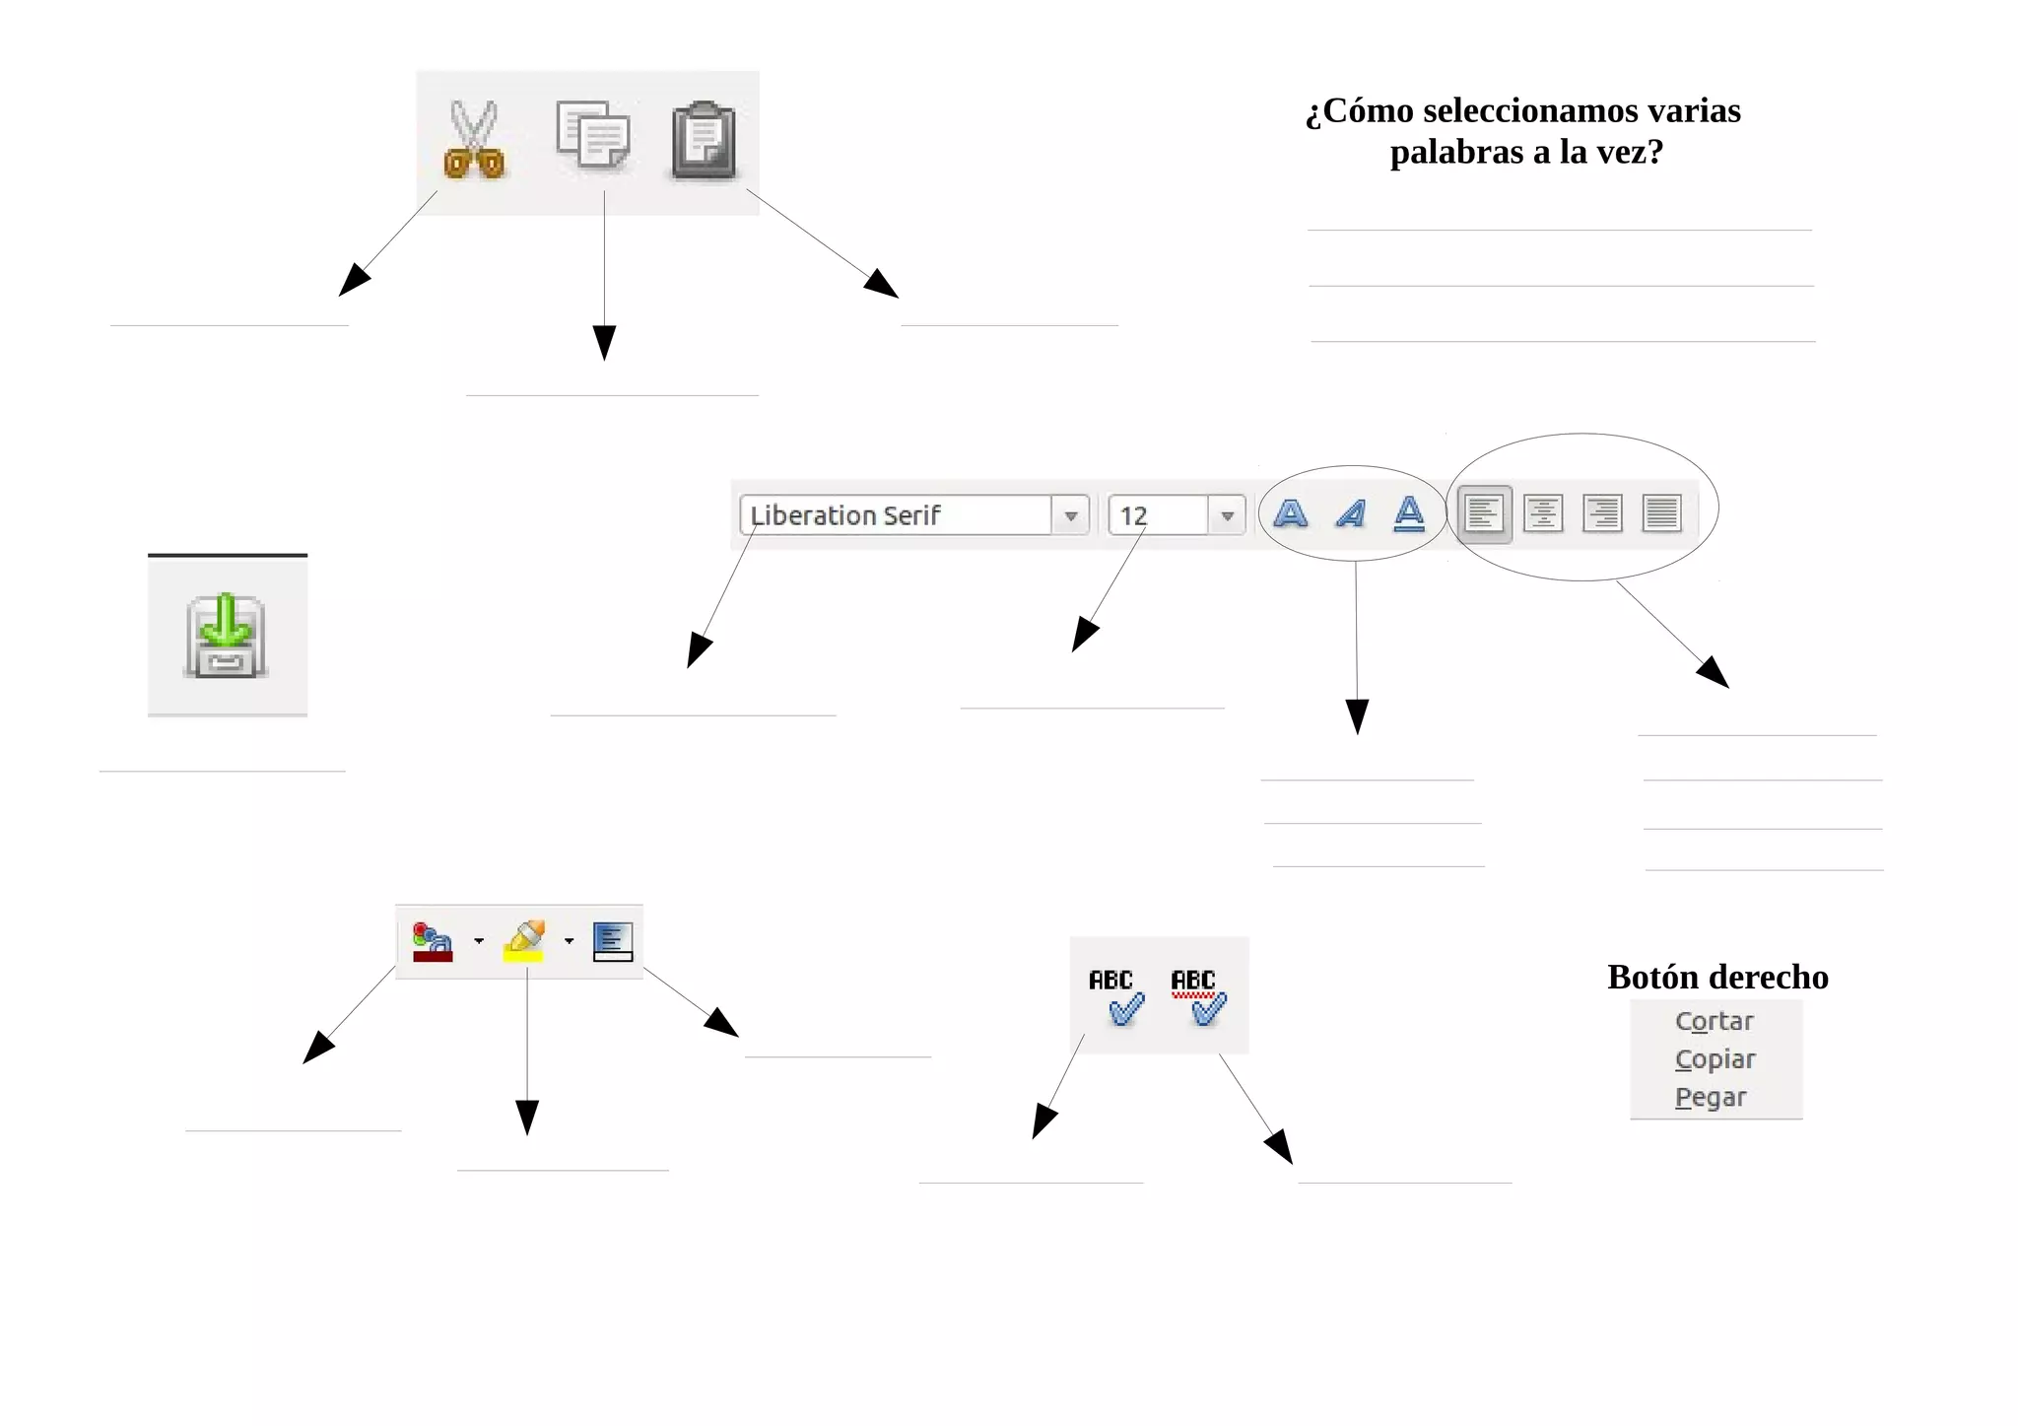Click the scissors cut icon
point(474,140)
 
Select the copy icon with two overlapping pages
point(592,135)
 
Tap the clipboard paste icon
point(704,141)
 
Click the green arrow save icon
point(226,636)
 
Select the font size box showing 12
point(1159,515)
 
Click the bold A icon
point(1291,513)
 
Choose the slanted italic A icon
point(1351,513)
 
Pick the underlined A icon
point(1410,513)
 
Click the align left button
point(1484,513)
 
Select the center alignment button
point(1543,513)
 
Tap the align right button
point(1602,513)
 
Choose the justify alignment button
point(1661,513)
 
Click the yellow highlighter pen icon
point(525,940)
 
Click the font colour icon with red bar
point(433,942)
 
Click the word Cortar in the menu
point(1715,1021)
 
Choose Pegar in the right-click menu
point(1711,1097)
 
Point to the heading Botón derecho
point(1717,977)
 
